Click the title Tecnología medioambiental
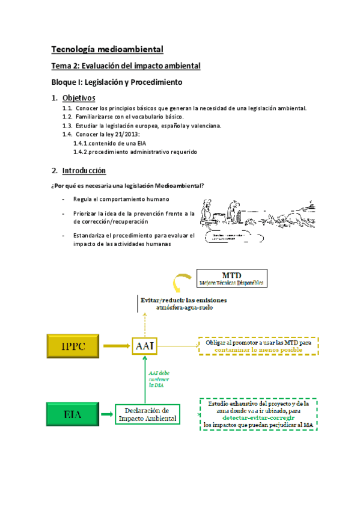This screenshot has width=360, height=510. [107, 49]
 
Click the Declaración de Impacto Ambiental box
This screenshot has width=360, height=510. [147, 414]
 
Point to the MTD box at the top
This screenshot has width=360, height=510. [231, 279]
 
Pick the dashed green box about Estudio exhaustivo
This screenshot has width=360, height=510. [260, 414]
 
